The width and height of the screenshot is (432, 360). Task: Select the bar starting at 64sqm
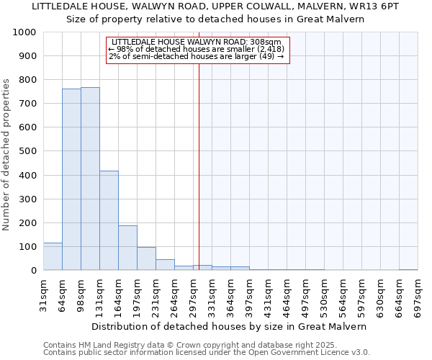(71, 179)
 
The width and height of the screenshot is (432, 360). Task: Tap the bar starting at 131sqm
(109, 220)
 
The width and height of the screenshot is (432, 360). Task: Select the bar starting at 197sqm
(146, 258)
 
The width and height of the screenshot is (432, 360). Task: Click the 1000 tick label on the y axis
(25, 32)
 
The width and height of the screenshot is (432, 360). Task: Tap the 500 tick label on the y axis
(28, 151)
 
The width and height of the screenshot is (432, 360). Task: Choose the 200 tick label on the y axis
(28, 222)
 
